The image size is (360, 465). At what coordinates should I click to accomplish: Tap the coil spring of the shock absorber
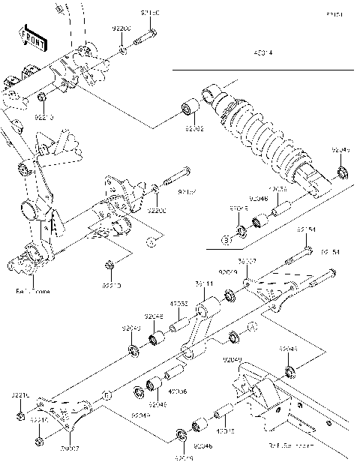click(x=259, y=131)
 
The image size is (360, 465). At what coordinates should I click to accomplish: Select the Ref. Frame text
click(x=31, y=290)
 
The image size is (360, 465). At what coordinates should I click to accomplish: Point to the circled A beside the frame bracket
click(x=149, y=241)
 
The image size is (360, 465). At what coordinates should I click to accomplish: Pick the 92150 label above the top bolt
click(x=150, y=14)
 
